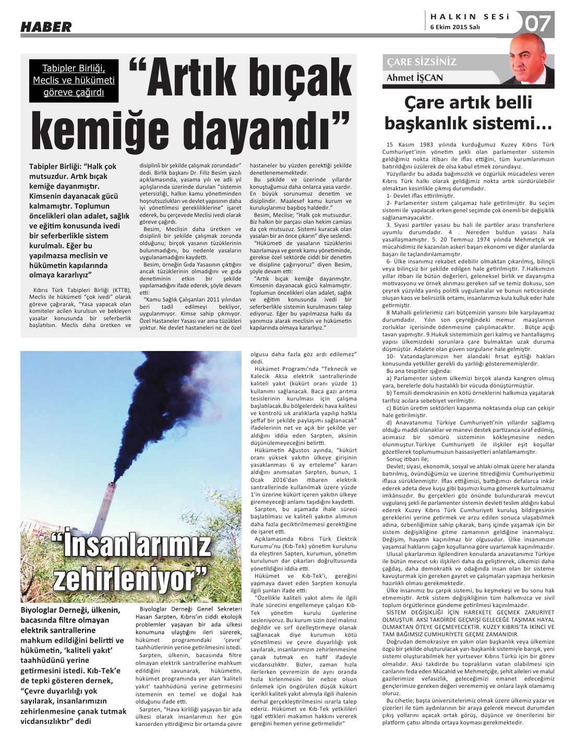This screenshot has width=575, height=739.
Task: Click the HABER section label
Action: [46, 27]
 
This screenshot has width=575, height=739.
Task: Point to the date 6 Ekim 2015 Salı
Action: [455, 28]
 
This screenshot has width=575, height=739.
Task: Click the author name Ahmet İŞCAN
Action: [414, 78]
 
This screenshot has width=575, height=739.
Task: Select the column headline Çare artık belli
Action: [468, 102]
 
